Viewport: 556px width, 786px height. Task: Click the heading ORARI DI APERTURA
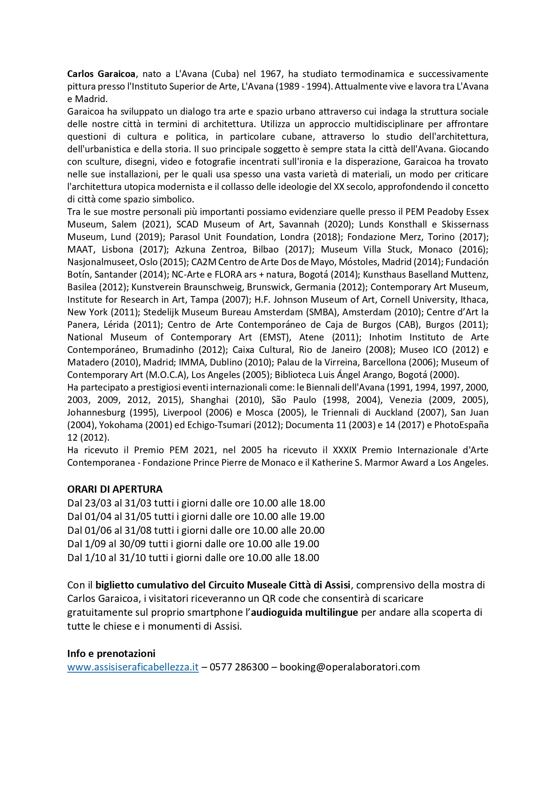(x=115, y=489)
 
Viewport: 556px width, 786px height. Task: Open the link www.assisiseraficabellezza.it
(x=133, y=667)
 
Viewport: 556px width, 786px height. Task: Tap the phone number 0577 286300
(x=239, y=667)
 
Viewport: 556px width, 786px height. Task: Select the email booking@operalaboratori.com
(x=349, y=667)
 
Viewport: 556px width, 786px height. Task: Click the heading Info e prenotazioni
(x=111, y=653)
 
